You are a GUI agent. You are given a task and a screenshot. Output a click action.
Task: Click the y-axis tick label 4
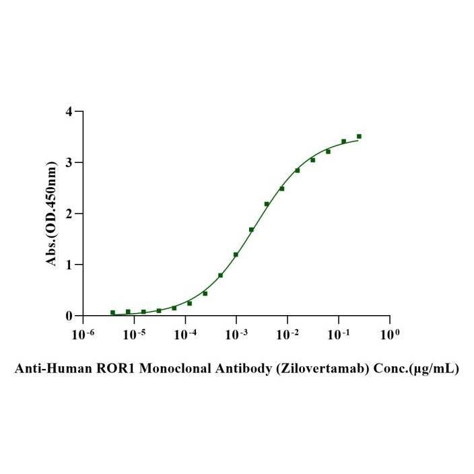[69, 111]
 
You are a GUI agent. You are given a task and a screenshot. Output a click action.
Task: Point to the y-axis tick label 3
[69, 162]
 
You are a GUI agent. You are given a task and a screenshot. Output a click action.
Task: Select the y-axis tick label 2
[69, 213]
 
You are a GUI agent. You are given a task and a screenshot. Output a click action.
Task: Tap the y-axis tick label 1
[69, 265]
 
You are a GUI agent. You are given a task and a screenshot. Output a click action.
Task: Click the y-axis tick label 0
[69, 316]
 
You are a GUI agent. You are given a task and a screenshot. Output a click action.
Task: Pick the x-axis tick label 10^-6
[83, 333]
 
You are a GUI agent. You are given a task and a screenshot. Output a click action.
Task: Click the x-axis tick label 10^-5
[134, 333]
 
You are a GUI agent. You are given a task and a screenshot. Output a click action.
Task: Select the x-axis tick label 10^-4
[185, 333]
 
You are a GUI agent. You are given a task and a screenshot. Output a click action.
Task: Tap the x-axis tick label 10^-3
[236, 333]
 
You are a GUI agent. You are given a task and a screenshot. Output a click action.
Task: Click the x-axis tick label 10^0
[389, 333]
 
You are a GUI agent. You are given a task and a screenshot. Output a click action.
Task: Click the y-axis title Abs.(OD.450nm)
[52, 213]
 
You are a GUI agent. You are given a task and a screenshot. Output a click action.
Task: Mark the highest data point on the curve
[359, 136]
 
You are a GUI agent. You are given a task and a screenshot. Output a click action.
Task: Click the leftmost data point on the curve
[112, 312]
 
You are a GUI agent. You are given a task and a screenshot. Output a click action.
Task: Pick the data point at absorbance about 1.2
[236, 255]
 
